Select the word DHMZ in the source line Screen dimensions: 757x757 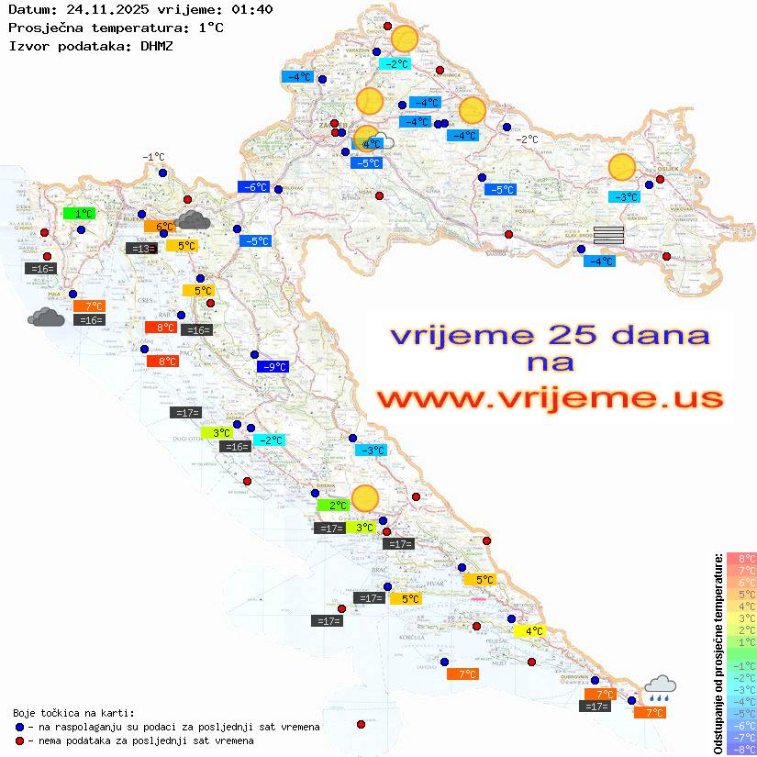click(x=156, y=45)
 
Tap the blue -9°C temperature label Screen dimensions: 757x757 click(x=273, y=367)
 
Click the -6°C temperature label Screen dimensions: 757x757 click(x=253, y=187)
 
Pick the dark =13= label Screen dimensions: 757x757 click(x=140, y=249)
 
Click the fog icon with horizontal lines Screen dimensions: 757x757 click(x=608, y=235)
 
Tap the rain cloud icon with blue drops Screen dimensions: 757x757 click(x=660, y=686)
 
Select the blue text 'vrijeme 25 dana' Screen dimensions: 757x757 click(x=551, y=335)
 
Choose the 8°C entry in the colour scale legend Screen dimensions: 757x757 click(x=741, y=558)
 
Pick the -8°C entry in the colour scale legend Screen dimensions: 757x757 click(x=741, y=749)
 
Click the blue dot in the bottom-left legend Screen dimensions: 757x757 click(x=20, y=727)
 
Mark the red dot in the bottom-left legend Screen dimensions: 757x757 click(x=20, y=740)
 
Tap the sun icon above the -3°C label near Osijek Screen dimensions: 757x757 click(x=622, y=168)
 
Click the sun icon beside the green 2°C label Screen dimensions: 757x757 click(x=365, y=497)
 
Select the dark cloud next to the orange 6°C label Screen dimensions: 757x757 click(x=193, y=219)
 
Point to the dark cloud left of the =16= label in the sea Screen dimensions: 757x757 click(x=46, y=317)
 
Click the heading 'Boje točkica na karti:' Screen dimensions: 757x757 click(x=73, y=713)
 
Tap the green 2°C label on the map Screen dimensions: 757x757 click(x=333, y=505)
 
